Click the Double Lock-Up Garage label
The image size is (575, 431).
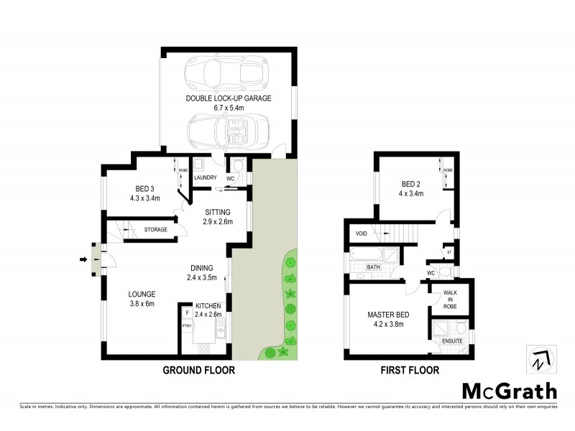pos(228,98)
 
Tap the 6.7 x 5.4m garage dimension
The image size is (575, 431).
pos(228,108)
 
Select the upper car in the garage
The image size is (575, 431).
pos(224,73)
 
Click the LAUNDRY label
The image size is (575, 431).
pos(205,177)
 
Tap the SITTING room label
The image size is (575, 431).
pos(217,213)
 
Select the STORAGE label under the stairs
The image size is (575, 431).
pos(155,230)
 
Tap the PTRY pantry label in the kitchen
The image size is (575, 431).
pos(186,325)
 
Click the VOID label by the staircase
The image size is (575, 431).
pos(361,233)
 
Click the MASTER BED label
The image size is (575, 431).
pos(387,314)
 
